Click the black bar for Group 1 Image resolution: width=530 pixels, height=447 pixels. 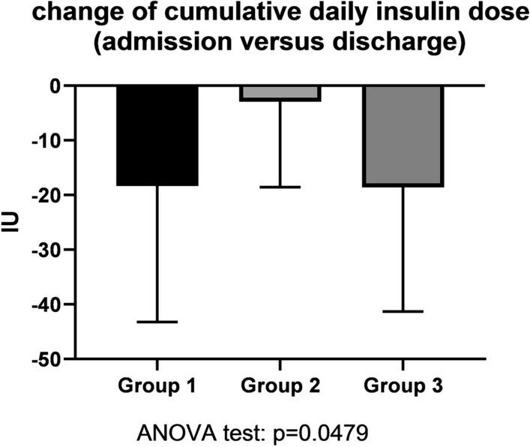click(157, 135)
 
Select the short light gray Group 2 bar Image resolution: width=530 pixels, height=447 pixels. click(280, 92)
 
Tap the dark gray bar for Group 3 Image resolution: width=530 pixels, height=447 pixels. click(403, 135)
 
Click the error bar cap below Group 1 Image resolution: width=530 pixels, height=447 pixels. click(157, 322)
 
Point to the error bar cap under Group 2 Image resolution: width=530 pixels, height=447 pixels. click(280, 187)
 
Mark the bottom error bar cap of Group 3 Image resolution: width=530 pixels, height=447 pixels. click(403, 311)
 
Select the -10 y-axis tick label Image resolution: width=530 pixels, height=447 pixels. click(49, 141)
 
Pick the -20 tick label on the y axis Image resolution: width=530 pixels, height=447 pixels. click(49, 196)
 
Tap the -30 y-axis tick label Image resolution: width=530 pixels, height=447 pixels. click(49, 250)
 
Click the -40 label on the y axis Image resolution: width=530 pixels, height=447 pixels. click(49, 304)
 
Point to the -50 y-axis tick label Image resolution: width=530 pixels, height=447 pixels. click(49, 359)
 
